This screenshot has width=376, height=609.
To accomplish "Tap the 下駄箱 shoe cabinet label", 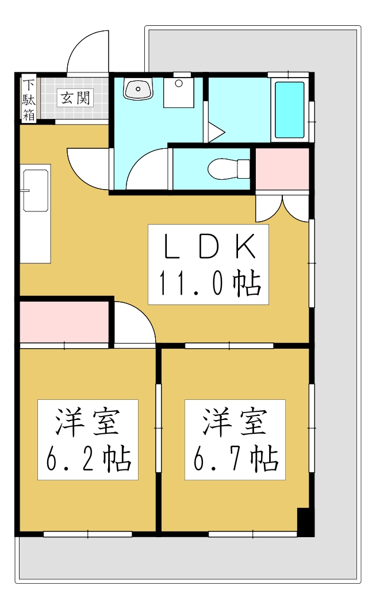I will pos(29,98).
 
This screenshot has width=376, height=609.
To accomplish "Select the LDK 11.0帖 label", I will pos(209,264).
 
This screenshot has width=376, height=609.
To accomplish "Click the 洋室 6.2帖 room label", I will pos(88,440).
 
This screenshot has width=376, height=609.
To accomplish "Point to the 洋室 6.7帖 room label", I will pos(235,440).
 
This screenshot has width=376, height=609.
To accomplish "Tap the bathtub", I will pos(289,110).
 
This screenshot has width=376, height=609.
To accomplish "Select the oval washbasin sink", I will pos(138,89).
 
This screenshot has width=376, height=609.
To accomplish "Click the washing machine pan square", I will pos(179,92).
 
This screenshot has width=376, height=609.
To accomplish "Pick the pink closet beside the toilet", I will pos(282,169).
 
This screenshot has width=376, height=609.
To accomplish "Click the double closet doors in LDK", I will pos(282,208).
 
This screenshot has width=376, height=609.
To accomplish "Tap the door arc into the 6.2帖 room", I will pos(133,325).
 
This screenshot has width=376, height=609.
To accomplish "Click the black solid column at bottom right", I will pos(304,522).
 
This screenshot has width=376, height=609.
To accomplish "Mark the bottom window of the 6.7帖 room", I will pos(253,534).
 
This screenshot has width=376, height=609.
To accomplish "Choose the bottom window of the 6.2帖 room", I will pos(87,534).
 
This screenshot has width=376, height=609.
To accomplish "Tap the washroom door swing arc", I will pos(147,169).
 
